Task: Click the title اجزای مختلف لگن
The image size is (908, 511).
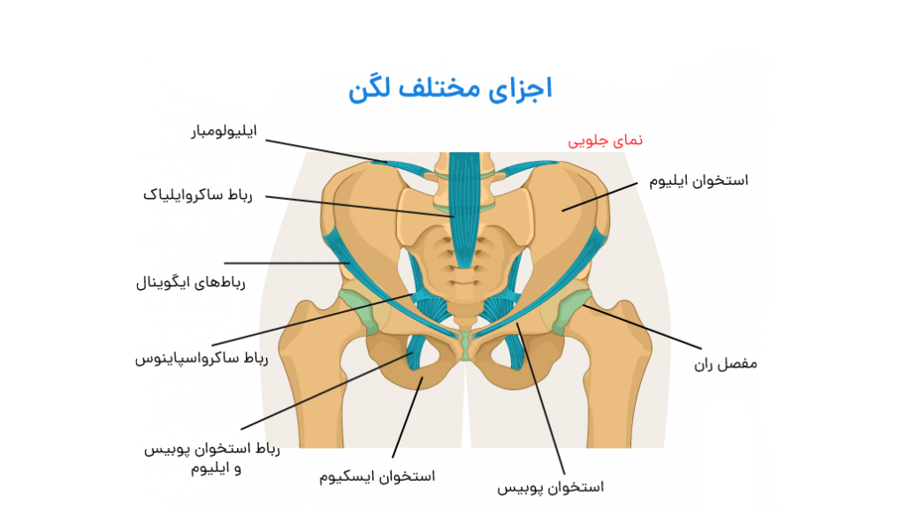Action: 450,89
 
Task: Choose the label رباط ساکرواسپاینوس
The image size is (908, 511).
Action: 201,358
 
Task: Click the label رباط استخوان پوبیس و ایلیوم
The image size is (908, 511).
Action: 212,458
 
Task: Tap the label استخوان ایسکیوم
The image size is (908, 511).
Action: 378,477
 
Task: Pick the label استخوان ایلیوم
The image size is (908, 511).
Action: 698,180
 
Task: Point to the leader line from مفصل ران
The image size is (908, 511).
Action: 645,327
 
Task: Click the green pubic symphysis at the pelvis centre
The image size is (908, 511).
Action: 464,345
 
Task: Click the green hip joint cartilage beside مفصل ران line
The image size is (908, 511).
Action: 570,309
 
